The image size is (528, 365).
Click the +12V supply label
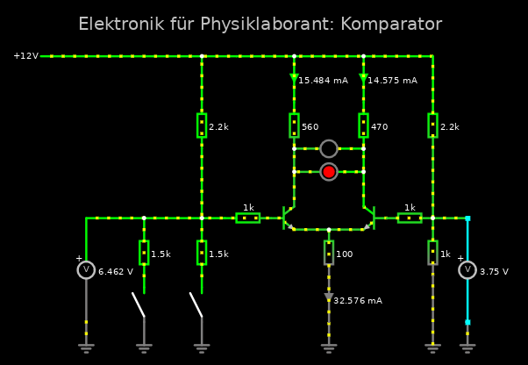tap(25, 56)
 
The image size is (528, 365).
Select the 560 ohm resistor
tap(294, 125)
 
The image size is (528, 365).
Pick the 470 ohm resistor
tap(363, 125)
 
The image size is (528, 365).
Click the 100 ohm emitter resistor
tap(329, 253)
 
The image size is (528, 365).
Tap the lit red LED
tap(329, 172)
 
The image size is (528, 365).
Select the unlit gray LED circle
tap(329, 148)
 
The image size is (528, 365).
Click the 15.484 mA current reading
tap(324, 80)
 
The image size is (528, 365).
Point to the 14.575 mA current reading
tap(392, 80)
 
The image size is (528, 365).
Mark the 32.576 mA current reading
tap(358, 300)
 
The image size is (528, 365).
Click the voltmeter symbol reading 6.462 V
tap(86, 270)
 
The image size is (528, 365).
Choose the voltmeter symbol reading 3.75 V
tap(467, 270)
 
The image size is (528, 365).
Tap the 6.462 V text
tap(116, 271)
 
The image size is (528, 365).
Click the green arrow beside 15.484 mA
tap(294, 79)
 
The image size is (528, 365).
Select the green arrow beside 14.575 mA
tap(363, 79)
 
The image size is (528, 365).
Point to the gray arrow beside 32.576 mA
tap(329, 298)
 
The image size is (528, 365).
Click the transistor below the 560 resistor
tap(289, 218)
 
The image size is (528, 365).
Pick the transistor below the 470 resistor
tap(368, 218)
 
